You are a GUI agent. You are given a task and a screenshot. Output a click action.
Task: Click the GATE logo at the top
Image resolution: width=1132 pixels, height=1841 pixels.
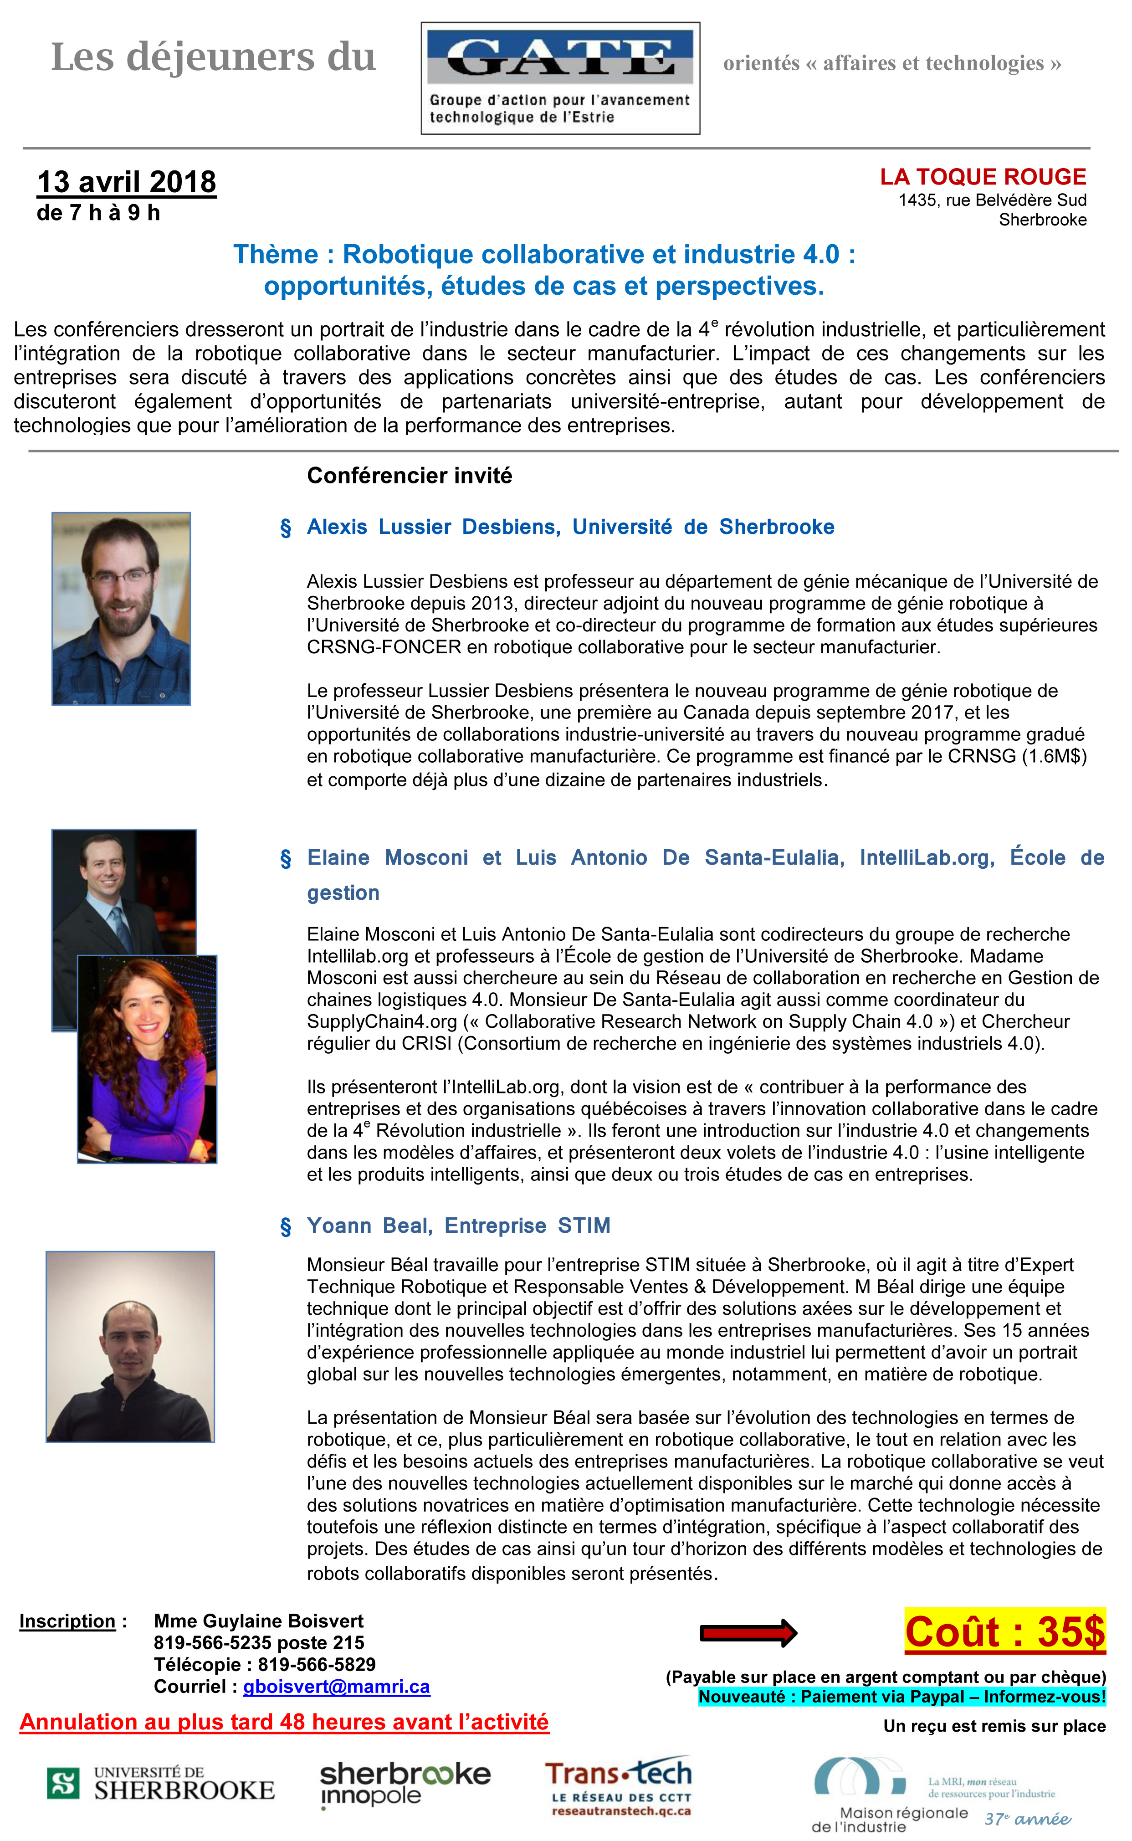560,78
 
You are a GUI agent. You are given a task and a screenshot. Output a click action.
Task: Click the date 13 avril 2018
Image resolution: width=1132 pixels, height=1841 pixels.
127,182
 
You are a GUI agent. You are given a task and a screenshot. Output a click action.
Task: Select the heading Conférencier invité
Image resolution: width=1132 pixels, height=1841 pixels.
410,476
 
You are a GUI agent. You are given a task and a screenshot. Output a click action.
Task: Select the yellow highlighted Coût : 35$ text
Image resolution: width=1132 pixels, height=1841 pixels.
1005,1632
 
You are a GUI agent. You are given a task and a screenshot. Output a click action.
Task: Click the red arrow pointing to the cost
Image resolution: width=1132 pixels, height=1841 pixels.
748,1633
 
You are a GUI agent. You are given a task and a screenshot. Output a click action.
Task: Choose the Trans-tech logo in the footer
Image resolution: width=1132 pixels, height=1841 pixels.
619,1785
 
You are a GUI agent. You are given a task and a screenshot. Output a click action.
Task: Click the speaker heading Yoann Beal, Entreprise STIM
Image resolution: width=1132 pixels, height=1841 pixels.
458,1226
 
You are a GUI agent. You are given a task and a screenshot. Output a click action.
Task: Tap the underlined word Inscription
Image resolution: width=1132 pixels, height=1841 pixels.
67,1621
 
